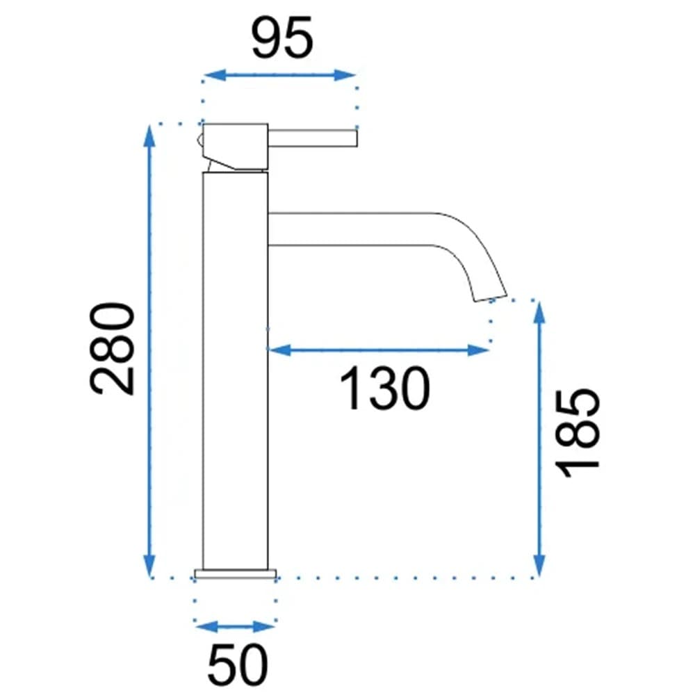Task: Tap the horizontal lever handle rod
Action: pyautogui.click(x=312, y=138)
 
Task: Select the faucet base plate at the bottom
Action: pyautogui.click(x=236, y=573)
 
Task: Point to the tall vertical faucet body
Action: pyautogui.click(x=235, y=368)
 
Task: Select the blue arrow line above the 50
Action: pyautogui.click(x=236, y=627)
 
